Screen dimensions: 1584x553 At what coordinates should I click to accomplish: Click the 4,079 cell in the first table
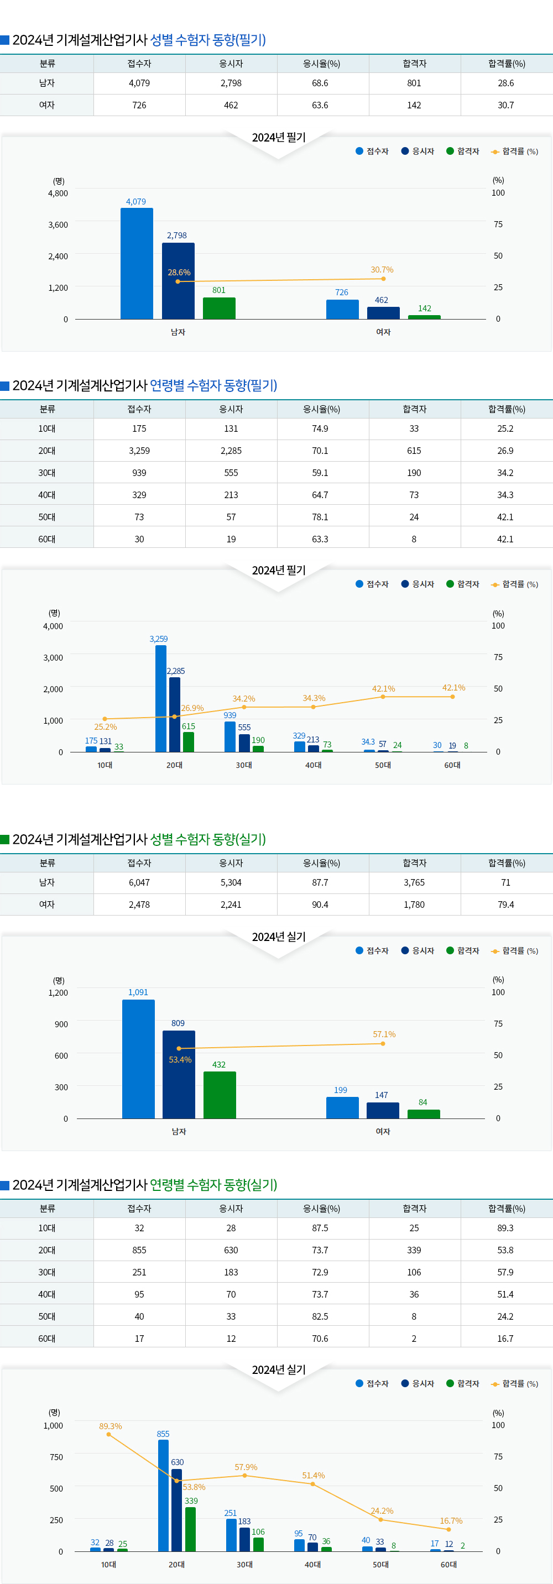[139, 83]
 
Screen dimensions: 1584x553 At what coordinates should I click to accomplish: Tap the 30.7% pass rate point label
[382, 270]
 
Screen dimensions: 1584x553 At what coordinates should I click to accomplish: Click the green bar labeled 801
[219, 308]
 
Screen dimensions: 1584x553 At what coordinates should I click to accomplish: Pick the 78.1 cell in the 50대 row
[320, 517]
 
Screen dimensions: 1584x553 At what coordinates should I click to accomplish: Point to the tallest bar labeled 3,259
[160, 698]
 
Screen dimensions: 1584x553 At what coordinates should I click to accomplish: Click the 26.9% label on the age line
[192, 708]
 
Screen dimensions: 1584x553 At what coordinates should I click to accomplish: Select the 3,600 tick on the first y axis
[58, 225]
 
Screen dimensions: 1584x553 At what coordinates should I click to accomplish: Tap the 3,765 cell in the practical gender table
[414, 882]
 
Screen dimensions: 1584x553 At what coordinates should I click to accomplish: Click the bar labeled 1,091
[138, 1058]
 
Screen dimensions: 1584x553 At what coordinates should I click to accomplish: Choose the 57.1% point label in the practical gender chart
[384, 1034]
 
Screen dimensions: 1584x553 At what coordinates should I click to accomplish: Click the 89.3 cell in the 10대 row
[505, 1228]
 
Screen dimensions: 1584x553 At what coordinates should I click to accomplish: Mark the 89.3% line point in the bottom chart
[109, 1435]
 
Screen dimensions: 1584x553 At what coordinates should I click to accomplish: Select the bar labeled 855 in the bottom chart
[163, 1495]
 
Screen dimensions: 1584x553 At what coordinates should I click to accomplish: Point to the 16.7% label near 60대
[451, 1520]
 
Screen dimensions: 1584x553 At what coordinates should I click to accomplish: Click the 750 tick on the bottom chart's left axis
[56, 1457]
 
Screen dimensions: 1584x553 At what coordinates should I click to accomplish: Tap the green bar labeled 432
[220, 1095]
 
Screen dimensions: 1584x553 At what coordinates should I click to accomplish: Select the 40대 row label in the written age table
[47, 495]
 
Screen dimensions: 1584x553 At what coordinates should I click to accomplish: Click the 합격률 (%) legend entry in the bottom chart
[515, 1383]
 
